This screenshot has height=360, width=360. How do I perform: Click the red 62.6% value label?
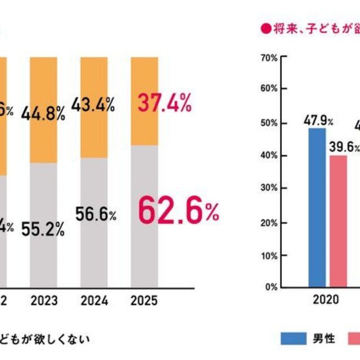[178, 211]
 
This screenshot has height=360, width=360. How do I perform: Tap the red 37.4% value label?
[165, 103]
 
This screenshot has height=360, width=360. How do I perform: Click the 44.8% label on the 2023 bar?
[43, 113]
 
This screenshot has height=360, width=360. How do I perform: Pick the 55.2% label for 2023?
[43, 228]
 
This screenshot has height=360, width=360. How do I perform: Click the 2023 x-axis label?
[43, 300]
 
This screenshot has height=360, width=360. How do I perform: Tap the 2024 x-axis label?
[94, 300]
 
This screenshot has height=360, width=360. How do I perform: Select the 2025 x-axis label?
[145, 300]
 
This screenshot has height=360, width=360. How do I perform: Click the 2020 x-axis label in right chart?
[326, 299]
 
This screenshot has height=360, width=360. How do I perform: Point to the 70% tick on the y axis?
[269, 57]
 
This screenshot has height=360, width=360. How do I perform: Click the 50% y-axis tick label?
[269, 123]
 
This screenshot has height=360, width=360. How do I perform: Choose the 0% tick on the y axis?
[271, 287]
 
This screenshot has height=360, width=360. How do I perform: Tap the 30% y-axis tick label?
[269, 188]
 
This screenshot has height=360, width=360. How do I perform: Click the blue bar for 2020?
[317, 208]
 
